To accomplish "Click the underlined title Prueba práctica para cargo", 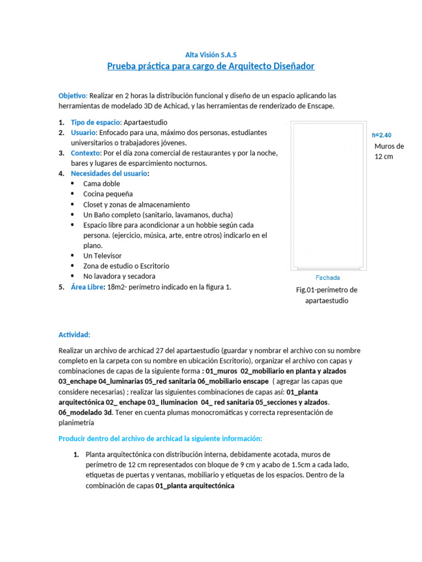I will coord(210,66).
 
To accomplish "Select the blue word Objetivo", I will coord(72,95).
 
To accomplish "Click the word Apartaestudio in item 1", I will coord(146,122).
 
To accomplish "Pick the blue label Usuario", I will coord(83,133).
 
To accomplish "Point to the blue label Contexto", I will coord(86,153).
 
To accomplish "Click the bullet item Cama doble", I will coord(101,184).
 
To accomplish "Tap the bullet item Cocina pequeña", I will coord(108,194).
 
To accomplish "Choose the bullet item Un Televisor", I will coord(102,256).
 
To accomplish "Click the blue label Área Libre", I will coord(87,286).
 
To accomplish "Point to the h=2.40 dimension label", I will coord(382,135).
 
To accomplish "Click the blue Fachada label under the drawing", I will coord(328,278).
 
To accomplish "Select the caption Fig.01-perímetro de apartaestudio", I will coord(326,295).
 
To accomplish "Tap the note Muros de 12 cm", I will coord(388,151).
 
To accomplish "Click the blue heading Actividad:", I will coord(74,335).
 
